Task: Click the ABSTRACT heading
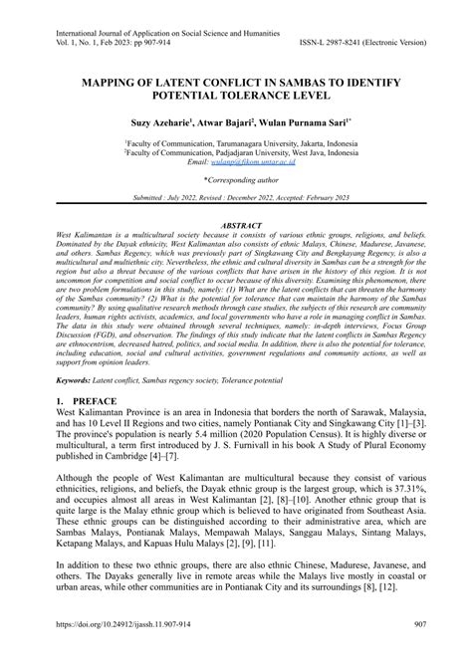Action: coord(236,225)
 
